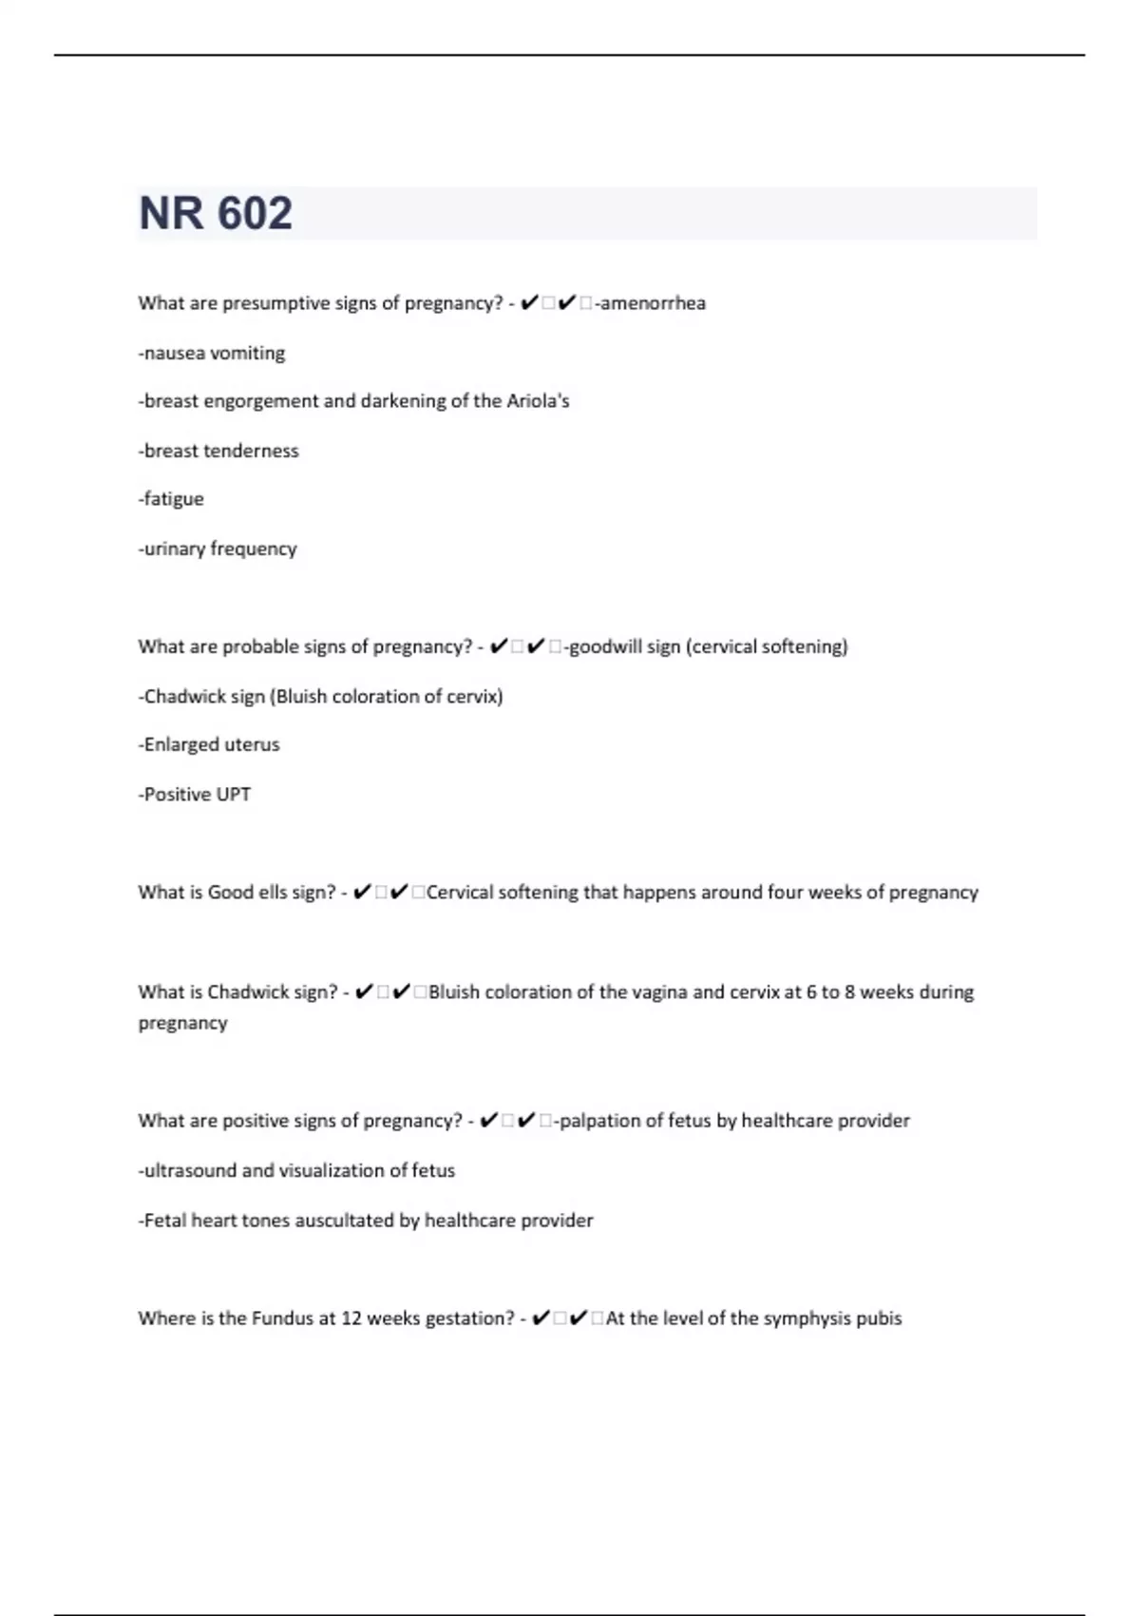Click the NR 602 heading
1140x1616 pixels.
(x=216, y=213)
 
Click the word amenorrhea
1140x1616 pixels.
(x=653, y=303)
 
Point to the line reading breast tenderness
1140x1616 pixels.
(x=219, y=451)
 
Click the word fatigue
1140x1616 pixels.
(x=173, y=499)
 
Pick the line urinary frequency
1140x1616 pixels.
(x=218, y=548)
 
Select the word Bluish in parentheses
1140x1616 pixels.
(x=301, y=696)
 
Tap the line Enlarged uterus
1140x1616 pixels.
(x=210, y=744)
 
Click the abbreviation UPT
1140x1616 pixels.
(x=234, y=794)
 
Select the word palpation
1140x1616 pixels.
(x=599, y=1121)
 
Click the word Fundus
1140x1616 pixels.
(x=282, y=1318)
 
